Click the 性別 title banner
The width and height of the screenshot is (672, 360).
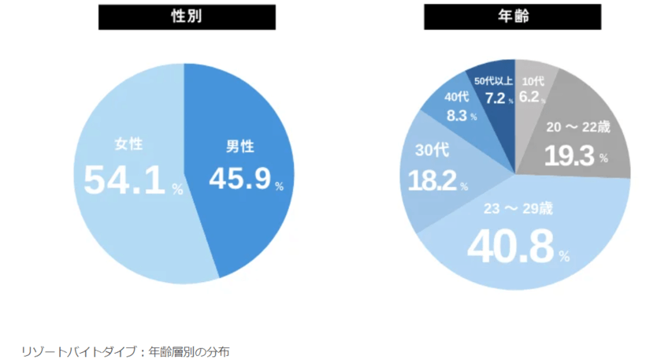[187, 17]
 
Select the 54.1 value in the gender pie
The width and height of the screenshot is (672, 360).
[127, 180]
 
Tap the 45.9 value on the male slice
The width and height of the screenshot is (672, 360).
[239, 179]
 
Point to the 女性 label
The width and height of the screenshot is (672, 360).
[128, 145]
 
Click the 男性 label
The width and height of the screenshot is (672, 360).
[239, 147]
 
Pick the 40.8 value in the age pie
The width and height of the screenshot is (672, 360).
[510, 246]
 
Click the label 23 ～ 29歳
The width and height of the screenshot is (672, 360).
[518, 210]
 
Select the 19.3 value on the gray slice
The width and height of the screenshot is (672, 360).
[571, 157]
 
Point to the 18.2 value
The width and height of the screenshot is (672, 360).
[432, 181]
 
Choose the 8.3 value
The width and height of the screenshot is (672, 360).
[457, 116]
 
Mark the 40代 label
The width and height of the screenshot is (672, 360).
[457, 98]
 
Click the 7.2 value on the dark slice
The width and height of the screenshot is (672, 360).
[496, 98]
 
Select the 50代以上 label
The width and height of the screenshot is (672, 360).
[493, 80]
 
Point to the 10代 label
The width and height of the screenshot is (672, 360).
[533, 81]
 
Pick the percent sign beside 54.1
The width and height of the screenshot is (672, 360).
[177, 190]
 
